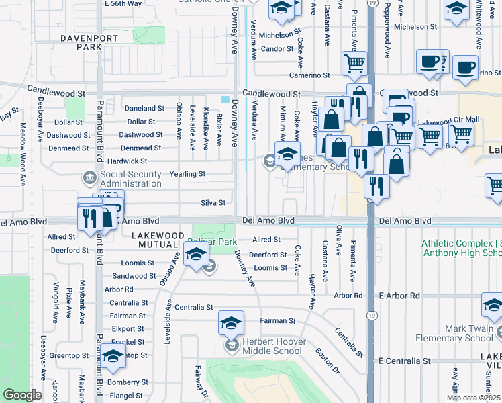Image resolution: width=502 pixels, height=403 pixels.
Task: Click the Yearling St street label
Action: tap(187, 174)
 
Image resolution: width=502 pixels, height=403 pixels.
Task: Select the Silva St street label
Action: tap(213, 202)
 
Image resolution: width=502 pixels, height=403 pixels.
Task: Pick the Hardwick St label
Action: tap(127, 161)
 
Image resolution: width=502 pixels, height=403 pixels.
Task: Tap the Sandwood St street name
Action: tap(134, 276)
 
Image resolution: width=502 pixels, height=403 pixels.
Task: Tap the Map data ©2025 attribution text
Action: tap(473, 398)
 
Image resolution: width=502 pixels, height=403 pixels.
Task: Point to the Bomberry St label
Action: tap(122, 382)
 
